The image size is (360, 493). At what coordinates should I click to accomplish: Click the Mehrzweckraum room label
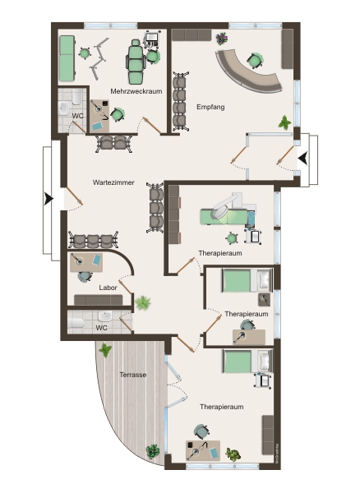pyautogui.click(x=136, y=91)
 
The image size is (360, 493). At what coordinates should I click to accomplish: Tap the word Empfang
pyautogui.click(x=210, y=107)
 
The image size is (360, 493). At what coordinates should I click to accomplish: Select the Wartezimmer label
pyautogui.click(x=113, y=182)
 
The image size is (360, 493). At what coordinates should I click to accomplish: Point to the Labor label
pyautogui.click(x=108, y=288)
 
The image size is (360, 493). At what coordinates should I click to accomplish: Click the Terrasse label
pyautogui.click(x=133, y=375)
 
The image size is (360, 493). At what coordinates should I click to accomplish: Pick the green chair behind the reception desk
pyautogui.click(x=256, y=60)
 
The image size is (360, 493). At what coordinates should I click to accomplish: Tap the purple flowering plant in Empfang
pyautogui.click(x=222, y=39)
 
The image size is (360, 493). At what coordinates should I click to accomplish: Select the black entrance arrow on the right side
pyautogui.click(x=303, y=158)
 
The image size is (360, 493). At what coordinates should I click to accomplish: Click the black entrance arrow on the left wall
pyautogui.click(x=48, y=199)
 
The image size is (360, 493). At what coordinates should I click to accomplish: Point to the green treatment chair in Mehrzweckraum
pyautogui.click(x=136, y=60)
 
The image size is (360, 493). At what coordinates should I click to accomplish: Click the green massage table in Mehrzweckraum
pyautogui.click(x=67, y=58)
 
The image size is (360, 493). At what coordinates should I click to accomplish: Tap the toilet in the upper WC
pyautogui.click(x=77, y=97)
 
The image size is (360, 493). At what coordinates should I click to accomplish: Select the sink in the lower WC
pyautogui.click(x=105, y=316)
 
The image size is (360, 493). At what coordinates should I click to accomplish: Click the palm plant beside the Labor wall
pyautogui.click(x=143, y=303)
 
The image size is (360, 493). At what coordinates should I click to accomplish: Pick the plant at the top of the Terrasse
pyautogui.click(x=105, y=350)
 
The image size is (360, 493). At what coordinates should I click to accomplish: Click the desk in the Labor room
pyautogui.click(x=86, y=263)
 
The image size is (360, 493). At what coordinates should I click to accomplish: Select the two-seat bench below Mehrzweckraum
pyautogui.click(x=113, y=143)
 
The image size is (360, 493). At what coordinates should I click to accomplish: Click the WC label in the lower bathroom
pyautogui.click(x=101, y=328)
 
